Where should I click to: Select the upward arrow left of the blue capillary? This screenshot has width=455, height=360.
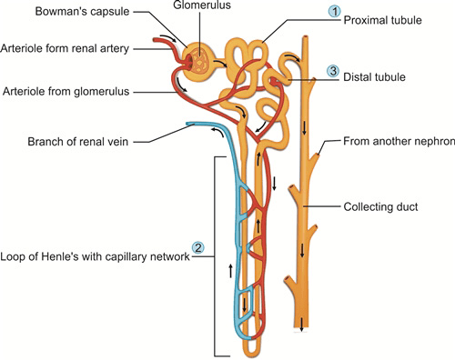point(230,270)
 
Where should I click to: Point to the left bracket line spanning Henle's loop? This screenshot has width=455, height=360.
point(214,255)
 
